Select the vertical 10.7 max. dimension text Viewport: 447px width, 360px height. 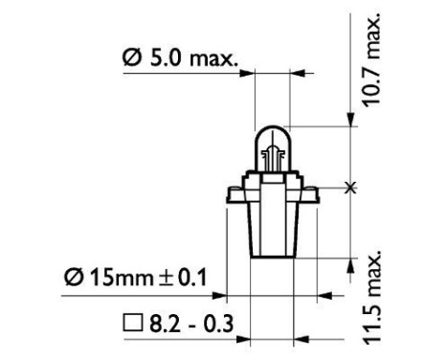372,60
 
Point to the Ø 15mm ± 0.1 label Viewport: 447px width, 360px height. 136,279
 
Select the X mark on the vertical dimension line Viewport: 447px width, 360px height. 353,187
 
